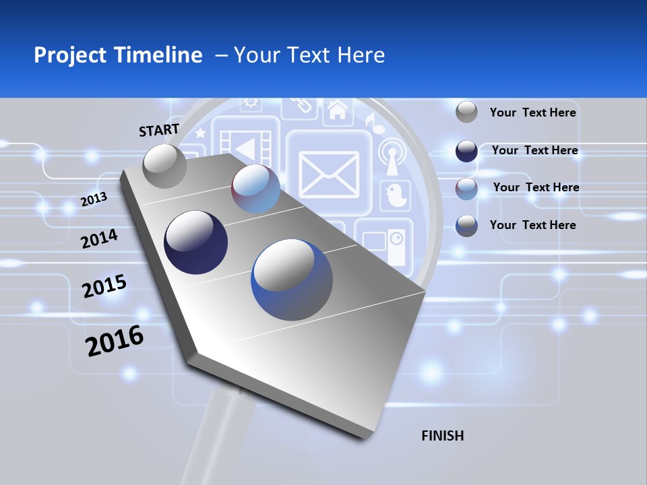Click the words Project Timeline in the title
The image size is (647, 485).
pyautogui.click(x=118, y=55)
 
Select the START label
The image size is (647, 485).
pyautogui.click(x=159, y=130)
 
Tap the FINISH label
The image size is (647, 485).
pyautogui.click(x=442, y=436)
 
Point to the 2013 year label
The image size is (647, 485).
pyautogui.click(x=94, y=199)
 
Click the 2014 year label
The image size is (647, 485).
pyautogui.click(x=99, y=238)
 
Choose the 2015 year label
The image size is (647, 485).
pyautogui.click(x=104, y=286)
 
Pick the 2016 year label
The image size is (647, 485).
pyautogui.click(x=115, y=341)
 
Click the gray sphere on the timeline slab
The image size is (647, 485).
pyautogui.click(x=165, y=166)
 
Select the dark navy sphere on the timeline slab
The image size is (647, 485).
pyautogui.click(x=195, y=243)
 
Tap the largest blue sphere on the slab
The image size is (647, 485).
pyautogui.click(x=292, y=280)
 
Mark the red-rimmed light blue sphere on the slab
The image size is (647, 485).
pyautogui.click(x=255, y=189)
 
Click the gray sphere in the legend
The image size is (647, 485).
pyautogui.click(x=466, y=112)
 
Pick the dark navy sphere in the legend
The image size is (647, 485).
pyautogui.click(x=466, y=151)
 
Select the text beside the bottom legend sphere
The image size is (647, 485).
pyautogui.click(x=532, y=225)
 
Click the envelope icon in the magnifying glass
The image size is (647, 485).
pyautogui.click(x=329, y=174)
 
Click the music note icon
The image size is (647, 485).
pyautogui.click(x=371, y=122)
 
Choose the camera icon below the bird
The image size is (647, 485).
pyautogui.click(x=383, y=241)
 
